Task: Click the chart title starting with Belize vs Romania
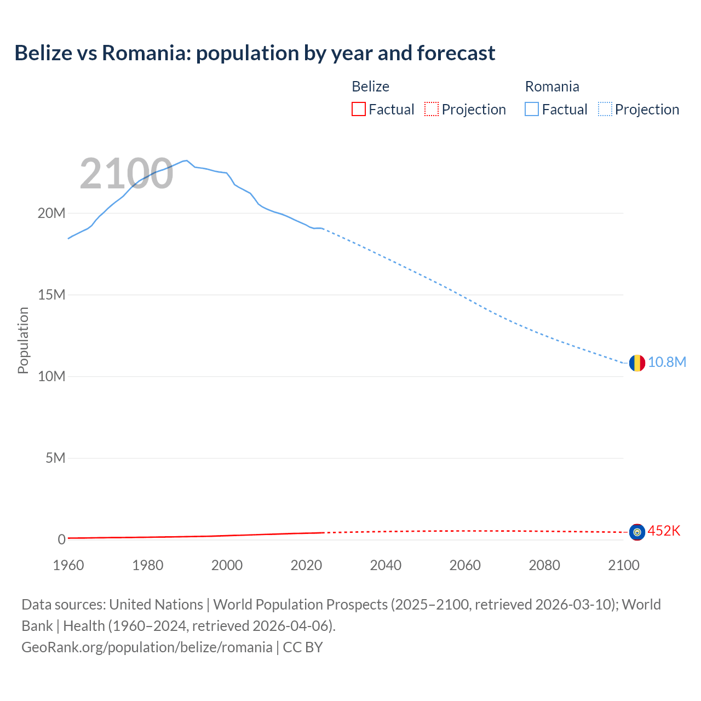point(255,53)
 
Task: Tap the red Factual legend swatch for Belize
point(358,109)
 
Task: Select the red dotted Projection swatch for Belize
point(432,109)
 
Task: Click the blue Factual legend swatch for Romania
point(532,109)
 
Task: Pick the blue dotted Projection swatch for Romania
point(605,109)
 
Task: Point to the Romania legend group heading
point(551,87)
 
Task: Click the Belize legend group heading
point(370,87)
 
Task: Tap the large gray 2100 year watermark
point(127,174)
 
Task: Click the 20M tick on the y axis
point(51,213)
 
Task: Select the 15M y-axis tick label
point(51,295)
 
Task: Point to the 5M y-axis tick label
point(55,458)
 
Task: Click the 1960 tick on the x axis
point(68,565)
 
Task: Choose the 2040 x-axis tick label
point(386,565)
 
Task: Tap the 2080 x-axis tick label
point(544,565)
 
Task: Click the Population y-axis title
point(23,340)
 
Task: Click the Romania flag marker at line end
point(637,363)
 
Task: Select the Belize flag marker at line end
point(637,532)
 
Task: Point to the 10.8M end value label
point(666,363)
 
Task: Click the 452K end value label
point(664,531)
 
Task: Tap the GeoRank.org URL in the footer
point(147,647)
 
